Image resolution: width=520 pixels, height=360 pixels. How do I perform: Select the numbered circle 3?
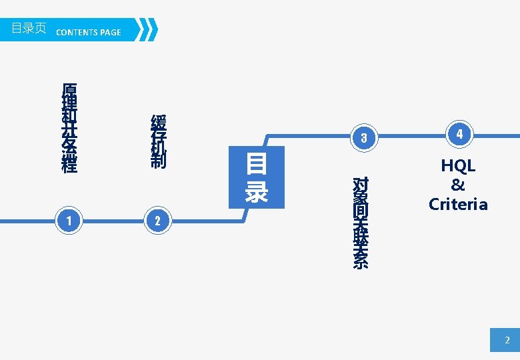pyautogui.click(x=363, y=138)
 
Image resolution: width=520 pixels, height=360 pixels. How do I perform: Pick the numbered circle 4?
pyautogui.click(x=459, y=135)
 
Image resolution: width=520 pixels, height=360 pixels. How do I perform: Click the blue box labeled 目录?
pyautogui.click(x=257, y=177)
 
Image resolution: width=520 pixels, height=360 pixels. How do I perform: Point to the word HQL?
pyautogui.click(x=458, y=166)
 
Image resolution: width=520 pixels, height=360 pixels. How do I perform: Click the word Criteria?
pyautogui.click(x=458, y=204)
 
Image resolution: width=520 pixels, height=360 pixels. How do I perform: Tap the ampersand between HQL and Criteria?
pyautogui.click(x=458, y=185)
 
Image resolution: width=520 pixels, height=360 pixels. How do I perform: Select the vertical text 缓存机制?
pyautogui.click(x=159, y=141)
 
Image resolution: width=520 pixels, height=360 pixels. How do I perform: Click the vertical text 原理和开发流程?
pyautogui.click(x=69, y=128)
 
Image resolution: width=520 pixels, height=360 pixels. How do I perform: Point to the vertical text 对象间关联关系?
pyautogui.click(x=360, y=222)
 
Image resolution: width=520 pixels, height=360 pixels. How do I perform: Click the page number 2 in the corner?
pyautogui.click(x=506, y=341)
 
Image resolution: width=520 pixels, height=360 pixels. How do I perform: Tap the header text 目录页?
pyautogui.click(x=29, y=29)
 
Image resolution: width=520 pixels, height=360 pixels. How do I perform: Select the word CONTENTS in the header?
pyautogui.click(x=77, y=32)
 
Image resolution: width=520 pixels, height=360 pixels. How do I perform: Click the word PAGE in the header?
pyautogui.click(x=110, y=32)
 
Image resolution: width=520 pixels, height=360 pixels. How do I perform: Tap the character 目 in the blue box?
pyautogui.click(x=257, y=164)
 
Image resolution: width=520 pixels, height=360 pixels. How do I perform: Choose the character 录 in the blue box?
pyautogui.click(x=257, y=191)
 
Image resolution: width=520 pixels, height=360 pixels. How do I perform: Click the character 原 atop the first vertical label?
pyautogui.click(x=69, y=90)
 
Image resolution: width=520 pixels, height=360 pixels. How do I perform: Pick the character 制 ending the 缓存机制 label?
pyautogui.click(x=159, y=161)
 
